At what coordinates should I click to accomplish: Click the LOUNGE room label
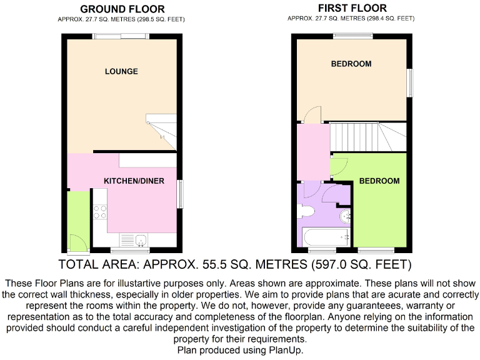pos(121,71)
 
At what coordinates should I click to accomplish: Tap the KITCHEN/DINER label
pos(134,181)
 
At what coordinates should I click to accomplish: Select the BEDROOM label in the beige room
pos(351,64)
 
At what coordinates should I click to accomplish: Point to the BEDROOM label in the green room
pos(379,181)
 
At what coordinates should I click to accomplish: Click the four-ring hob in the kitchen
pos(99,212)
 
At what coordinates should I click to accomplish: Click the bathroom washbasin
pos(344,217)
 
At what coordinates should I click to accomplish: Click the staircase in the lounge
pos(161,132)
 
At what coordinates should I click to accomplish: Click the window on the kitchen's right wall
pos(181,194)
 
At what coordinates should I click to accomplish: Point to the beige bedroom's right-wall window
pos(411,82)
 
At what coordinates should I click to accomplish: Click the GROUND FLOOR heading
pos(122,9)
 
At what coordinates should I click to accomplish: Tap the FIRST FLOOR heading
pos(352,8)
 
